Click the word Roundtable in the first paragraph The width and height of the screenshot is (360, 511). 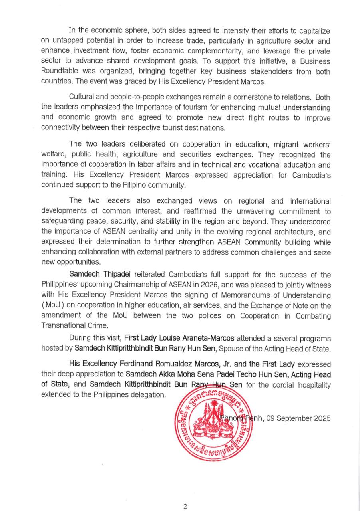click(x=60, y=71)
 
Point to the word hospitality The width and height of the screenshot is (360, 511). click(x=312, y=384)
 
